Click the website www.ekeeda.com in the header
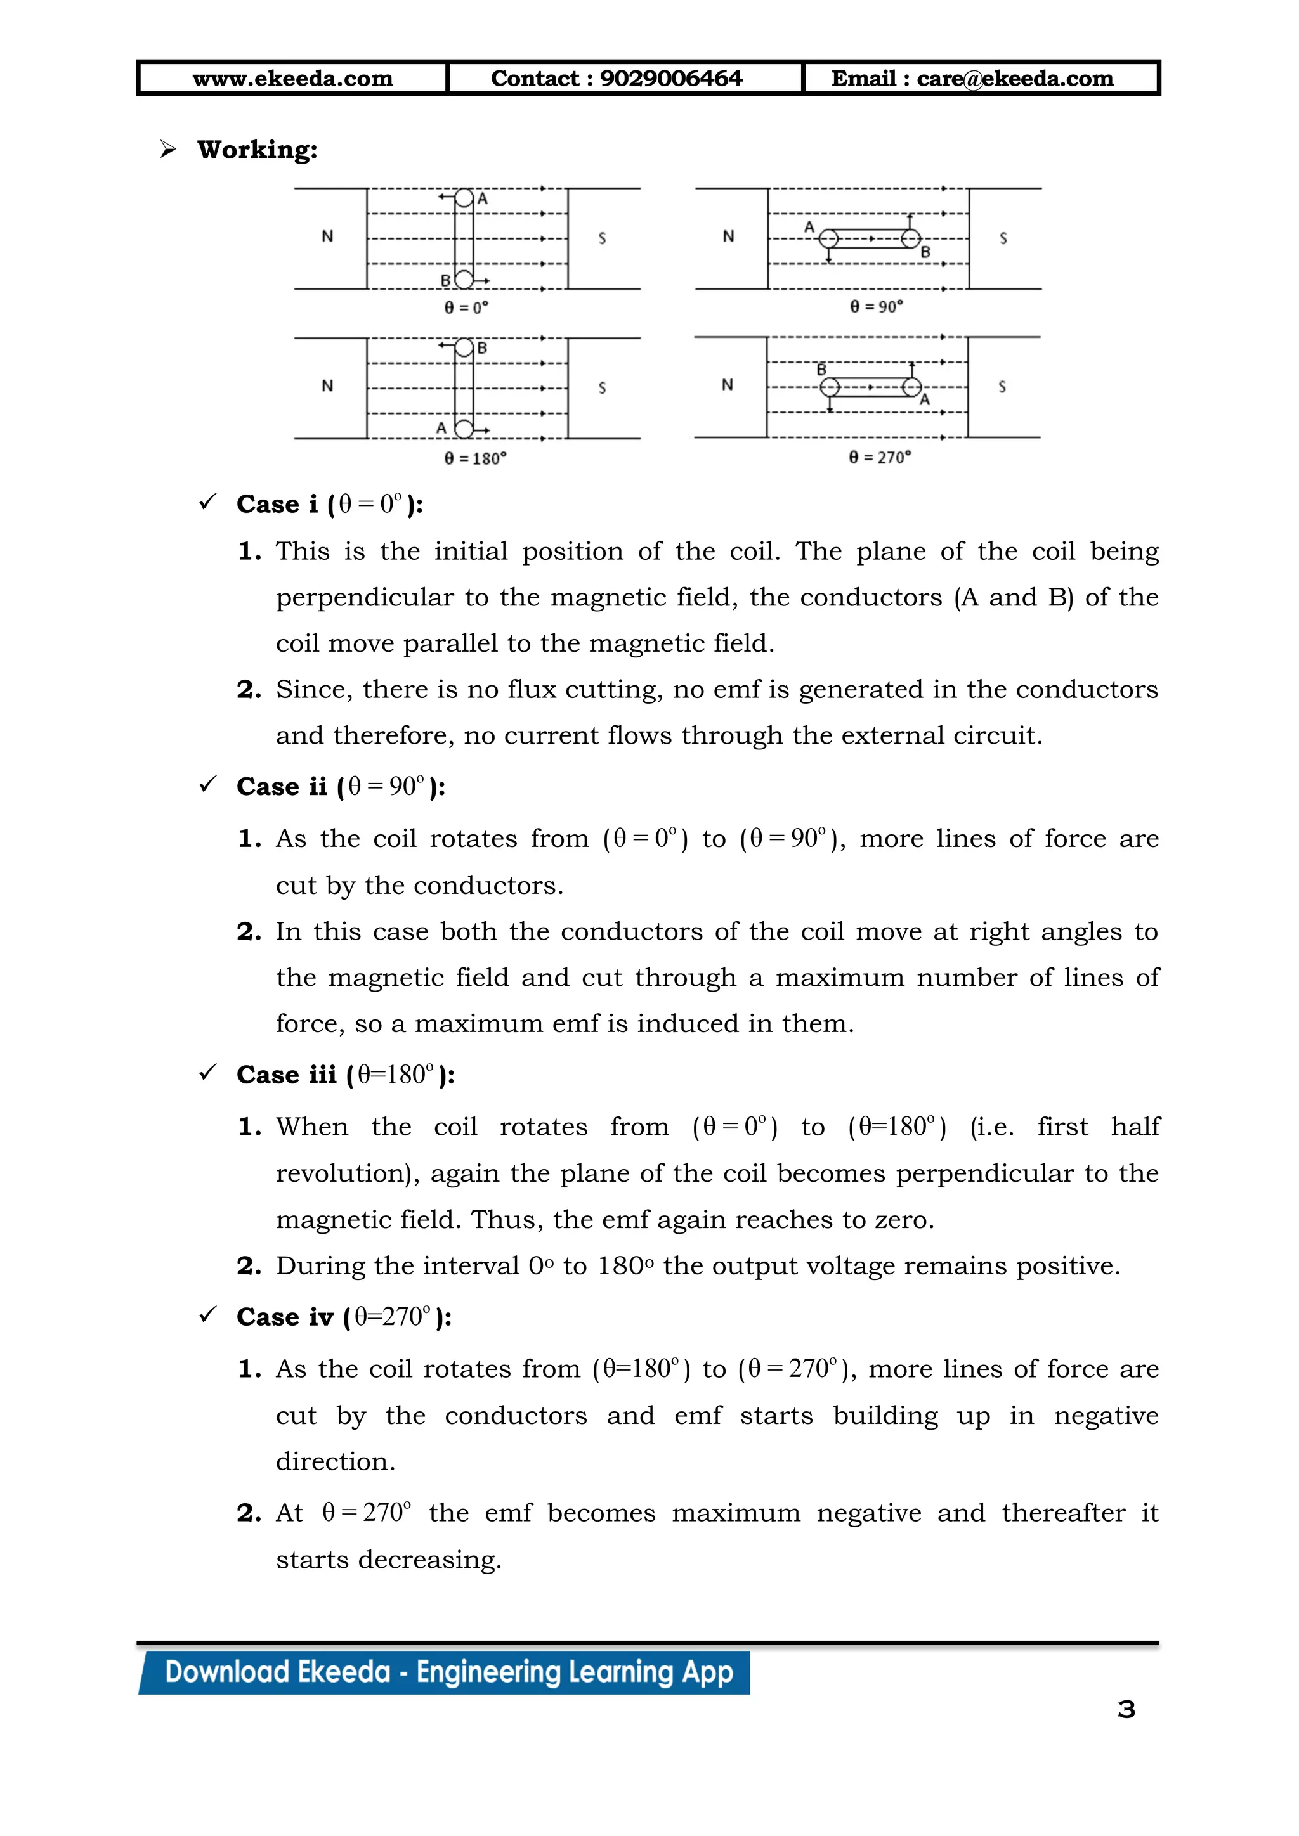pyautogui.click(x=293, y=79)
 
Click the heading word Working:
pyautogui.click(x=257, y=150)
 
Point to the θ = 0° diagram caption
pyautogui.click(x=466, y=307)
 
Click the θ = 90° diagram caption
pyautogui.click(x=876, y=306)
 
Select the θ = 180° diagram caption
pyautogui.click(x=475, y=458)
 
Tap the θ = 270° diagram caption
pyautogui.click(x=880, y=457)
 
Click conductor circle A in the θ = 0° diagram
pyautogui.click(x=464, y=198)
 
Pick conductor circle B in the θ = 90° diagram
pyautogui.click(x=910, y=238)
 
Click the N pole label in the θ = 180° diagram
pyautogui.click(x=327, y=386)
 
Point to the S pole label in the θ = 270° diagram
pyautogui.click(x=1002, y=387)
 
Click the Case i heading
pyautogui.click(x=330, y=505)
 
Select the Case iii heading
pyautogui.click(x=346, y=1075)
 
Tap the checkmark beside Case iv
pyautogui.click(x=208, y=1315)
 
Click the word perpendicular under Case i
pyautogui.click(x=364, y=597)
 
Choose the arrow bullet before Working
pyautogui.click(x=168, y=149)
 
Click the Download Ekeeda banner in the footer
pyautogui.click(x=448, y=1672)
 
